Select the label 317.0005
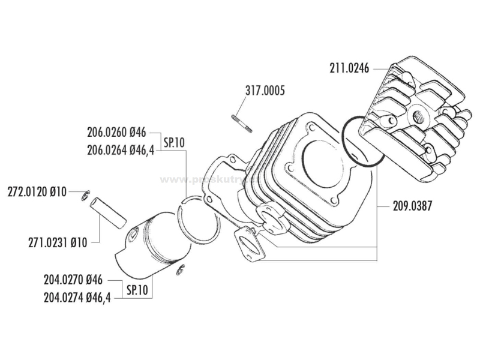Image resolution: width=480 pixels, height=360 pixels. (x=264, y=92)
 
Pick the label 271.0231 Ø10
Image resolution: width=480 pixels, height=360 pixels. (x=58, y=243)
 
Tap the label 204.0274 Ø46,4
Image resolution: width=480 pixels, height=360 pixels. (x=77, y=296)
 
